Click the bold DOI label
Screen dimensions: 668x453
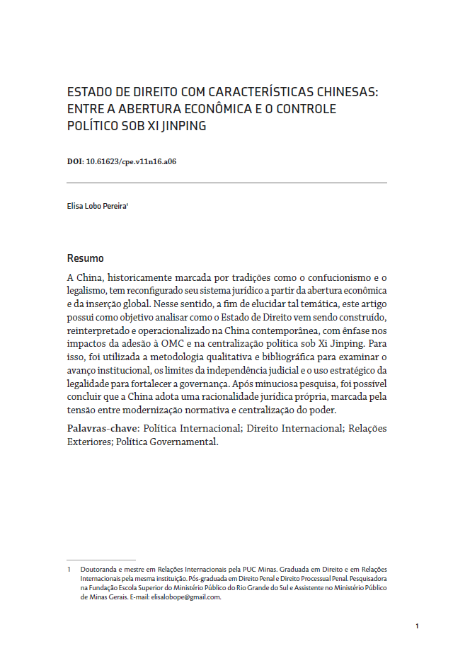74,161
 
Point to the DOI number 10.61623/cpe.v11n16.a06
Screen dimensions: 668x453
131,161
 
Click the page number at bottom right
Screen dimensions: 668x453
418,626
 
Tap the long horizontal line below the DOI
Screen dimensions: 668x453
226,183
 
